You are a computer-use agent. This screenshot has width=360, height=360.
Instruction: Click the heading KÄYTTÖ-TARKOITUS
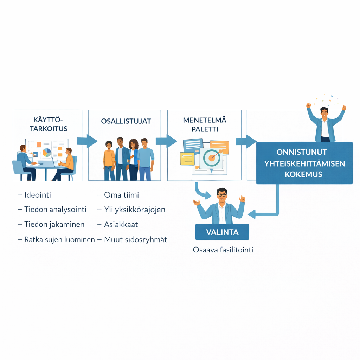pyautogui.click(x=49, y=124)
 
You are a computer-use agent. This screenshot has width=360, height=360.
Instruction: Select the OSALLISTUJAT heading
pyautogui.click(x=126, y=121)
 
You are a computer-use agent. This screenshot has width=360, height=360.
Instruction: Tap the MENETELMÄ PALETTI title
pyautogui.click(x=205, y=124)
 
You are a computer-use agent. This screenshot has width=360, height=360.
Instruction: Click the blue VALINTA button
pyautogui.click(x=222, y=232)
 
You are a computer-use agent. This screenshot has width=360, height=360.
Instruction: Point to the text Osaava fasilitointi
pyautogui.click(x=223, y=250)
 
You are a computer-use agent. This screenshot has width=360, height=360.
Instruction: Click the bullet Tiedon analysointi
pyautogui.click(x=55, y=210)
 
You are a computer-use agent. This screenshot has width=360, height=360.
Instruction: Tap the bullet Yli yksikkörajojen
pyautogui.click(x=135, y=210)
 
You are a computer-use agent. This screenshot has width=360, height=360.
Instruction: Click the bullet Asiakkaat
pyautogui.click(x=121, y=224)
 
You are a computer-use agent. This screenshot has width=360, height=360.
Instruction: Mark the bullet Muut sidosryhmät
pyautogui.click(x=135, y=240)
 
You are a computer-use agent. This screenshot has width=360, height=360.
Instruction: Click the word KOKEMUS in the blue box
pyautogui.click(x=304, y=174)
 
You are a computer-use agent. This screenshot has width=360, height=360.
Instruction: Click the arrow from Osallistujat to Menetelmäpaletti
pyautogui.click(x=166, y=141)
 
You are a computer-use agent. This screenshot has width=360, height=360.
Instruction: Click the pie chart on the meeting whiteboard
pyautogui.click(x=46, y=153)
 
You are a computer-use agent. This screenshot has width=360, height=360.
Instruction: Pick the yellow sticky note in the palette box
pyautogui.click(x=187, y=159)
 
